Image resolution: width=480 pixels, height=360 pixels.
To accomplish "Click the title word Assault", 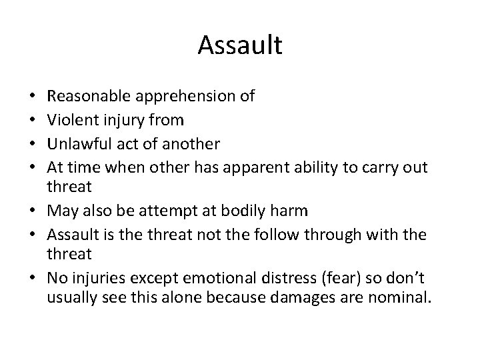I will (240, 46).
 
